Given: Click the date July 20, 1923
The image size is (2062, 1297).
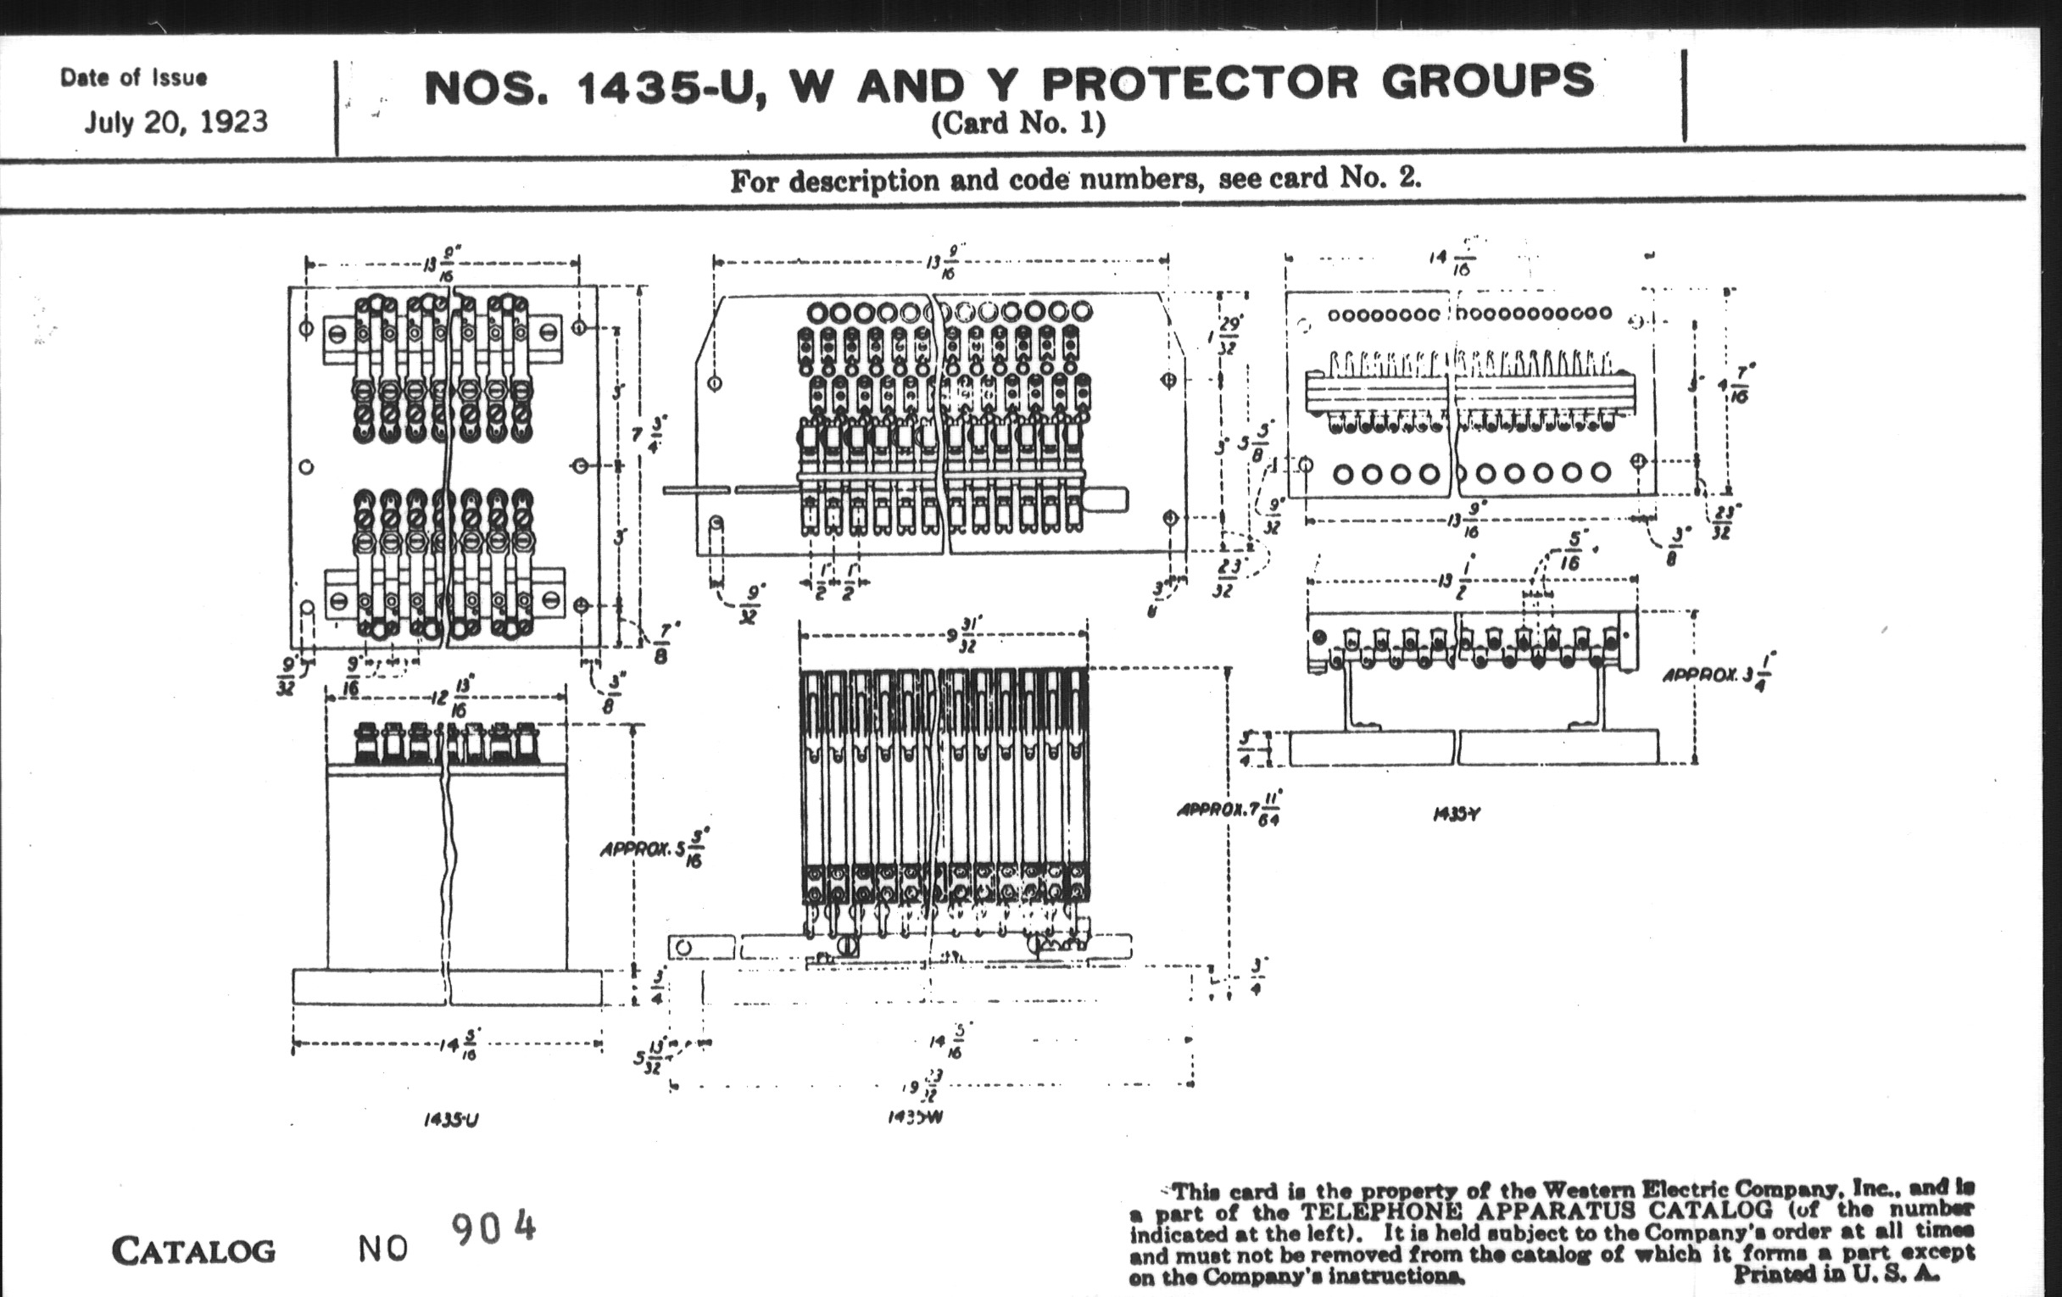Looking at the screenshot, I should tap(176, 121).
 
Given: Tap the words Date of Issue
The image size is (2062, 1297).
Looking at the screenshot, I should tap(134, 78).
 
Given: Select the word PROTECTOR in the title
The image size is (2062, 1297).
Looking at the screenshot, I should tap(1199, 84).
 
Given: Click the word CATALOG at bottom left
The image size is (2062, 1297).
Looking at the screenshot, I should tap(193, 1251).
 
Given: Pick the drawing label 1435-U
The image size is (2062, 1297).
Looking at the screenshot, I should tap(451, 1120).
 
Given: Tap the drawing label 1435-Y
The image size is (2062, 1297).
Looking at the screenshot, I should tap(1457, 814).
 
